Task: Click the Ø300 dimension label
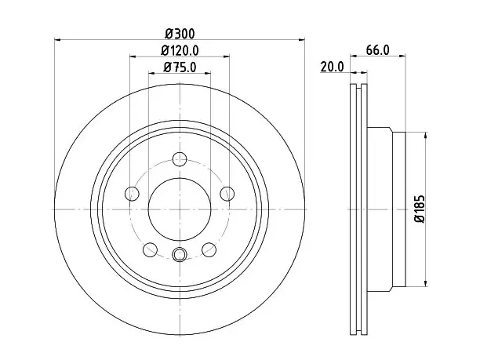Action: click(x=180, y=34)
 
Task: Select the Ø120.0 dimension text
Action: click(x=180, y=50)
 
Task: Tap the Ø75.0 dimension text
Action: click(x=180, y=67)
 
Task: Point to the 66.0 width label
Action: click(x=378, y=50)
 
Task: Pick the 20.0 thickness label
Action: click(x=332, y=67)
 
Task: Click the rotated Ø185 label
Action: click(x=420, y=209)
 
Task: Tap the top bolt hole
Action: click(x=180, y=159)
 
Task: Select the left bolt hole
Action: click(x=133, y=194)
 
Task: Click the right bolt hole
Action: click(x=227, y=194)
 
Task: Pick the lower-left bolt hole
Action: click(x=151, y=249)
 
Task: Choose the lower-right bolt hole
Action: click(x=209, y=249)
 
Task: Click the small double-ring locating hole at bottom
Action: click(x=180, y=254)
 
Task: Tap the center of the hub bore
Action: click(x=180, y=209)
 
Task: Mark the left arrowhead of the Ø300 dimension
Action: click(x=57, y=39)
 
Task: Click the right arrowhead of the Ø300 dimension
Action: click(x=302, y=39)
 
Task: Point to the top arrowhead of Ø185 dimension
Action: click(x=426, y=136)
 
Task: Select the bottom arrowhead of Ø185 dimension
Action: click(x=426, y=283)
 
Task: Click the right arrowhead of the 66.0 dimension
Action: click(x=402, y=56)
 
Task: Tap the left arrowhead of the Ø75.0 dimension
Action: click(x=152, y=73)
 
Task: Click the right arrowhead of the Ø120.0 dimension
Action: click(x=226, y=56)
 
